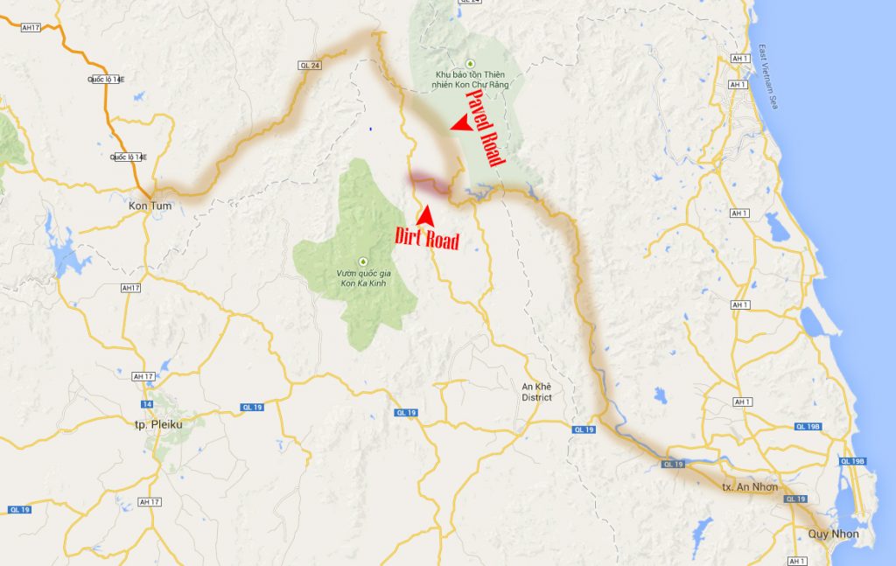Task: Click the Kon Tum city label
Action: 150,206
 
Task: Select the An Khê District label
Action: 536,392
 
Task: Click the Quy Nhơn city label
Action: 832,534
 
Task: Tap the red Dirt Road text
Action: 427,238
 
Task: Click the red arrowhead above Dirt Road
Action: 425,213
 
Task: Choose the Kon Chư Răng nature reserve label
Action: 470,80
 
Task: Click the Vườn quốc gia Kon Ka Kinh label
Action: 361,278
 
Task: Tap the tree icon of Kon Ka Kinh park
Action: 362,260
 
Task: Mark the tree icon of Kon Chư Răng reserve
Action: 470,62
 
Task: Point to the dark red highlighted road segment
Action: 428,180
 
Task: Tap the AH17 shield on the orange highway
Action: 31,28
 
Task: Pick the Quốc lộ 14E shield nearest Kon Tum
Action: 129,157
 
